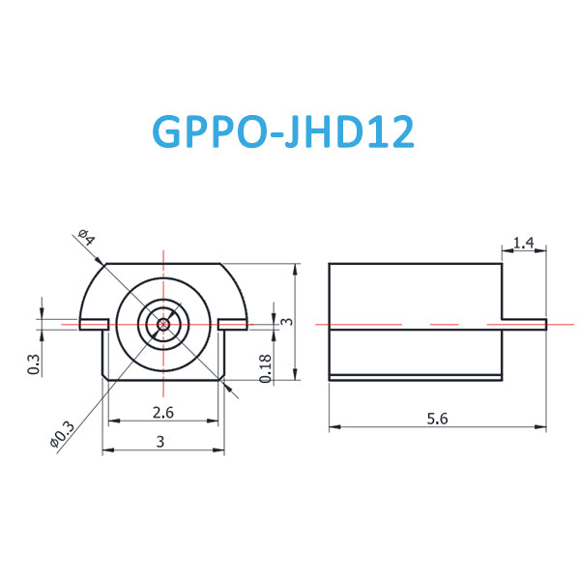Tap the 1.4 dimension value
[524, 243]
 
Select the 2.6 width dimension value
[164, 413]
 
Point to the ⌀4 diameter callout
[85, 238]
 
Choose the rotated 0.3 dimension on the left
[35, 364]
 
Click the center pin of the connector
[164, 324]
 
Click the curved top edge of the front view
[164, 264]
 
